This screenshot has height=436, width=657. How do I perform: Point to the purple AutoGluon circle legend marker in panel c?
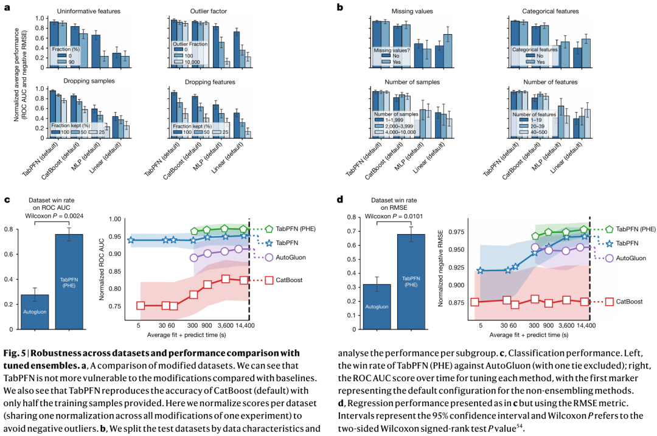(269, 257)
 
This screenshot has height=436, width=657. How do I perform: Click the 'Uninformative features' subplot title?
(88, 12)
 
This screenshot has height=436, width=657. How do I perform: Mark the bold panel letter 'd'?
(340, 198)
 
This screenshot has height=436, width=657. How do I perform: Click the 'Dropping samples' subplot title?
(88, 81)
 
